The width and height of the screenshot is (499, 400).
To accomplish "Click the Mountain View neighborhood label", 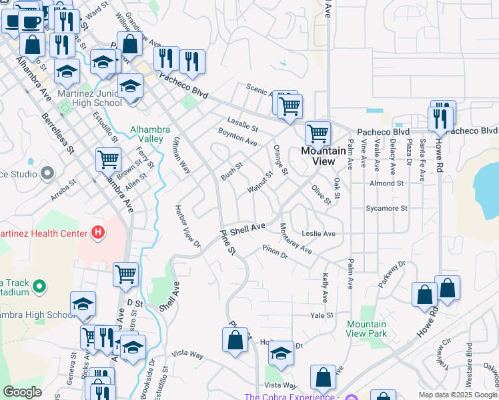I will [324, 156].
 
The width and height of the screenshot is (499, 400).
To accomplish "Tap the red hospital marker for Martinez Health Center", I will [99, 233].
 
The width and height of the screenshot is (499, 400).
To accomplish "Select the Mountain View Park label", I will [366, 329].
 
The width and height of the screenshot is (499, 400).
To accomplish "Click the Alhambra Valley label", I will [147, 134].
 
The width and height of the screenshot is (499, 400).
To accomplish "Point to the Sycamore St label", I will [386, 209].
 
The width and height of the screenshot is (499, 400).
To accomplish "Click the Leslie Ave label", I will [318, 234].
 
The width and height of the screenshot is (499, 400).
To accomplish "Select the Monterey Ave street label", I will [296, 238].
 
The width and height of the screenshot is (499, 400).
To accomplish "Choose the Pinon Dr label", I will [274, 251].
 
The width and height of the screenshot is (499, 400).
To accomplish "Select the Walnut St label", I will [260, 183].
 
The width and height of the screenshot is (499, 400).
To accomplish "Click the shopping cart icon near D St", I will [125, 273].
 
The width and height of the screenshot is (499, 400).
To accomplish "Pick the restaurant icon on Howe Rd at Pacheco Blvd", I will [440, 118].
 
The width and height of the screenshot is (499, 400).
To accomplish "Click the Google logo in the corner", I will [22, 392].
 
